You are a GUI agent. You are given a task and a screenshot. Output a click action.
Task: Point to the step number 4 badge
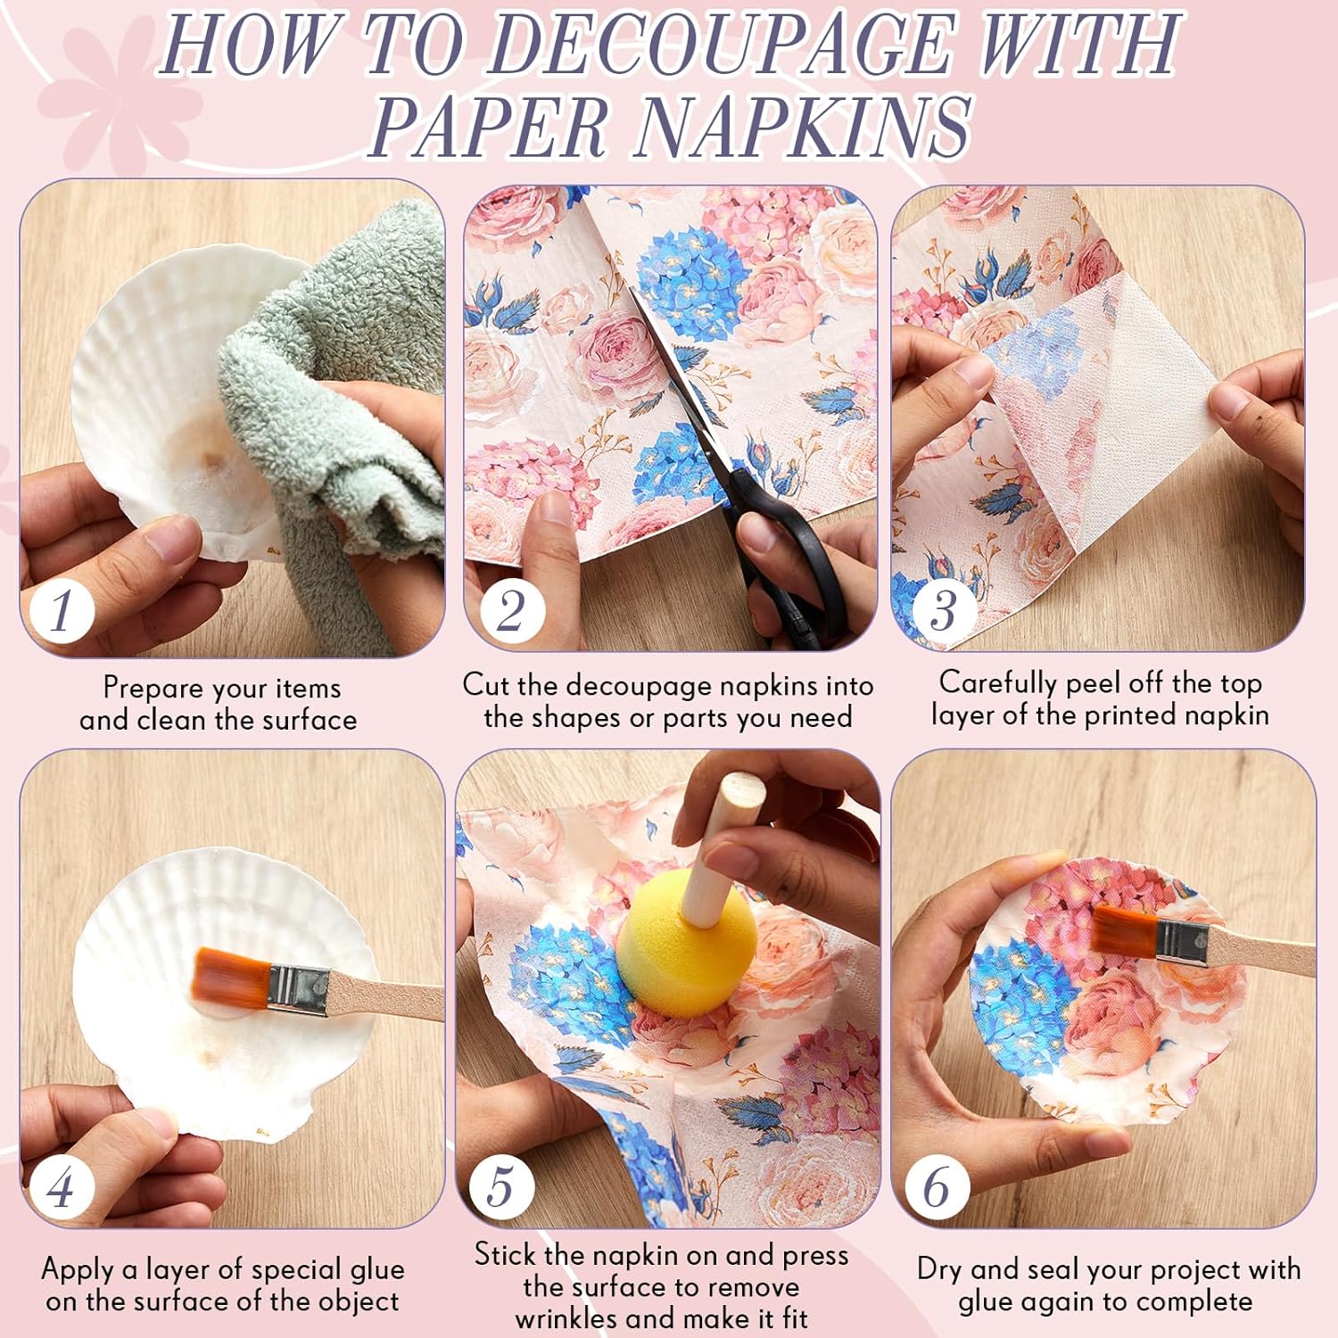62,1187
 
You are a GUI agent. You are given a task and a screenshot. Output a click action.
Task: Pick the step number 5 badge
501,1186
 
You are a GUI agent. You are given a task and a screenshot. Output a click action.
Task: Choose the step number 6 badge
937,1187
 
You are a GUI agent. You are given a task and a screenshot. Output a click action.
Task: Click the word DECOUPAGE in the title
720,44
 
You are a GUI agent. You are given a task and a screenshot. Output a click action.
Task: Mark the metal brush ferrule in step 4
298,991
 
